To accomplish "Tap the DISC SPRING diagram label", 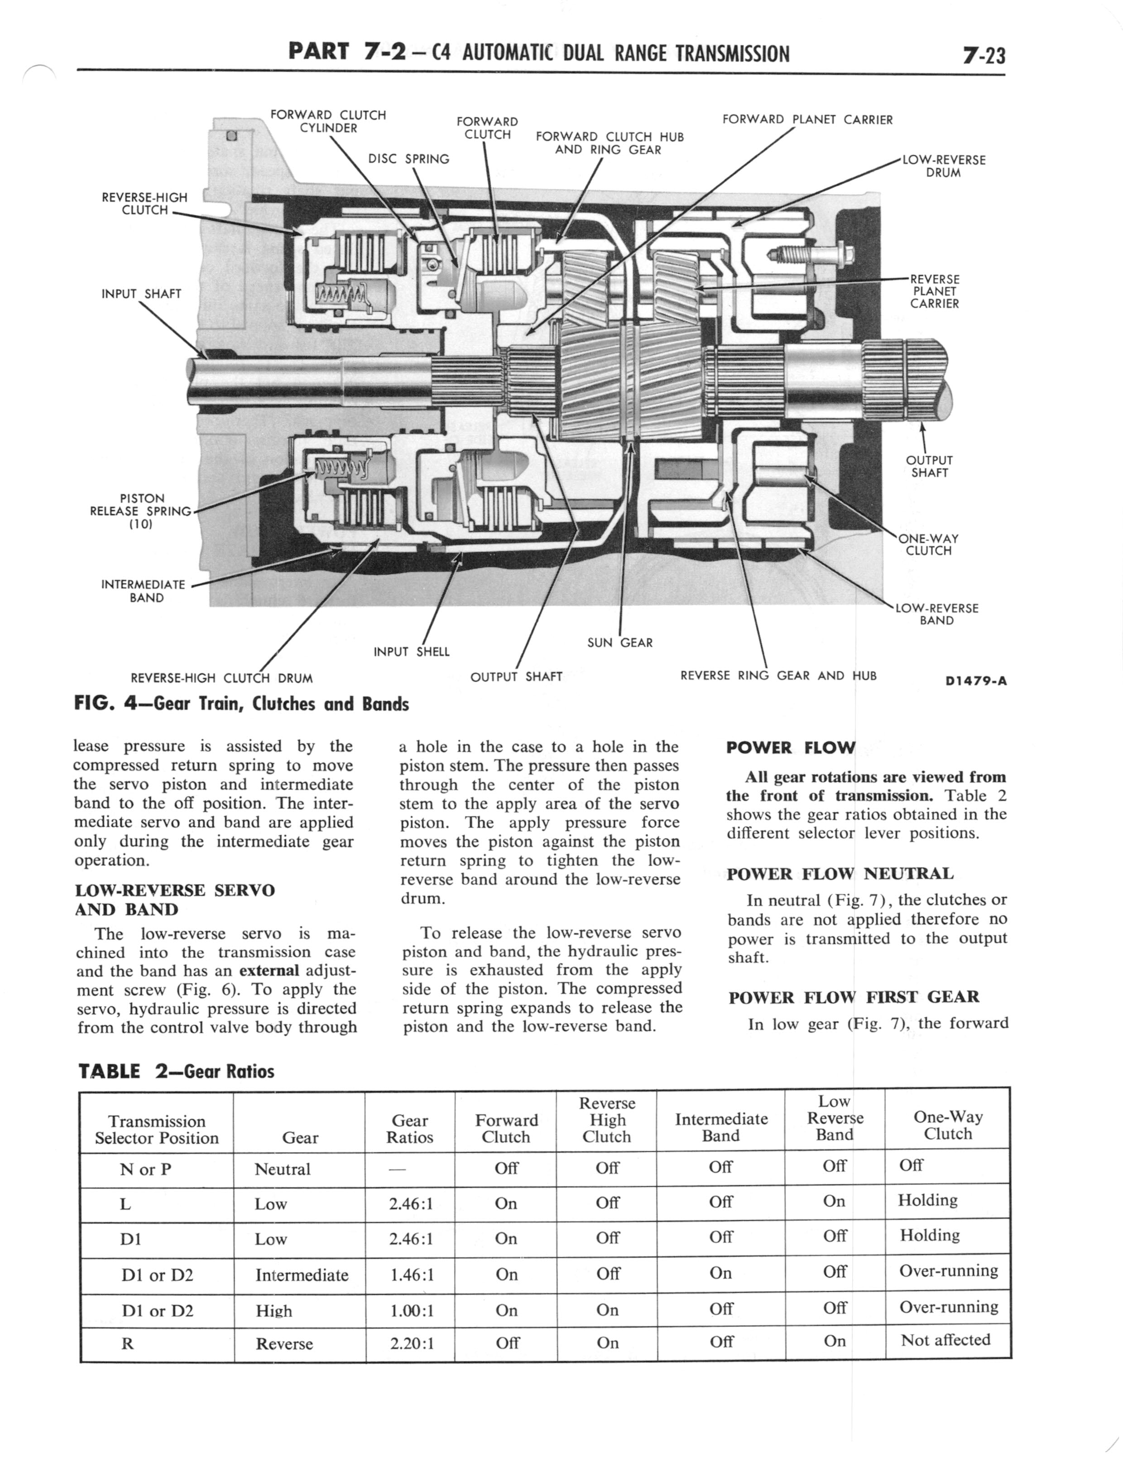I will [408, 159].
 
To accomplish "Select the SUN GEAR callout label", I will [619, 642].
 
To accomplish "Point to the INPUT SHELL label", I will [411, 651].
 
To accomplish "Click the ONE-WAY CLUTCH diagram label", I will [928, 544].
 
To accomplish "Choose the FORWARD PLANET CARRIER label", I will [807, 120].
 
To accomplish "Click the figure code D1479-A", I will [975, 681].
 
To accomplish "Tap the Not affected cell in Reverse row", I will [945, 1340].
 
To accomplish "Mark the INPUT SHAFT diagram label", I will [141, 294].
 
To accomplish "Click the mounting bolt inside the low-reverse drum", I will [810, 255].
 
